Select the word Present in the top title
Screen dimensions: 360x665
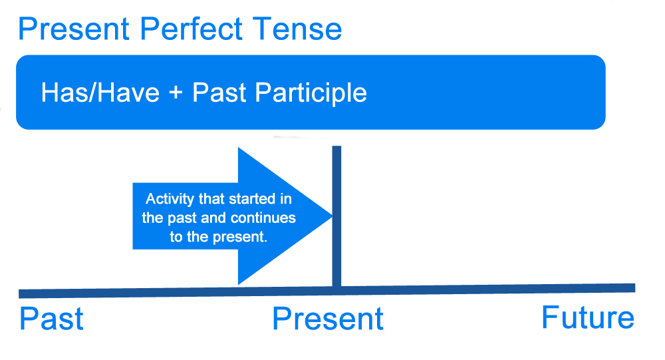click(x=73, y=29)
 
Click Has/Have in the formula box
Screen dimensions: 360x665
click(x=100, y=92)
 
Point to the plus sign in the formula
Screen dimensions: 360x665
click(x=176, y=93)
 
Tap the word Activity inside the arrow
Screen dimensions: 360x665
click(x=168, y=200)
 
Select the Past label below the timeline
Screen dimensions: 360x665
click(x=51, y=319)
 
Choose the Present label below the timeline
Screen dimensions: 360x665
click(x=328, y=319)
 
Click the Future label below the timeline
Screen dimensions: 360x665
click(x=588, y=317)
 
